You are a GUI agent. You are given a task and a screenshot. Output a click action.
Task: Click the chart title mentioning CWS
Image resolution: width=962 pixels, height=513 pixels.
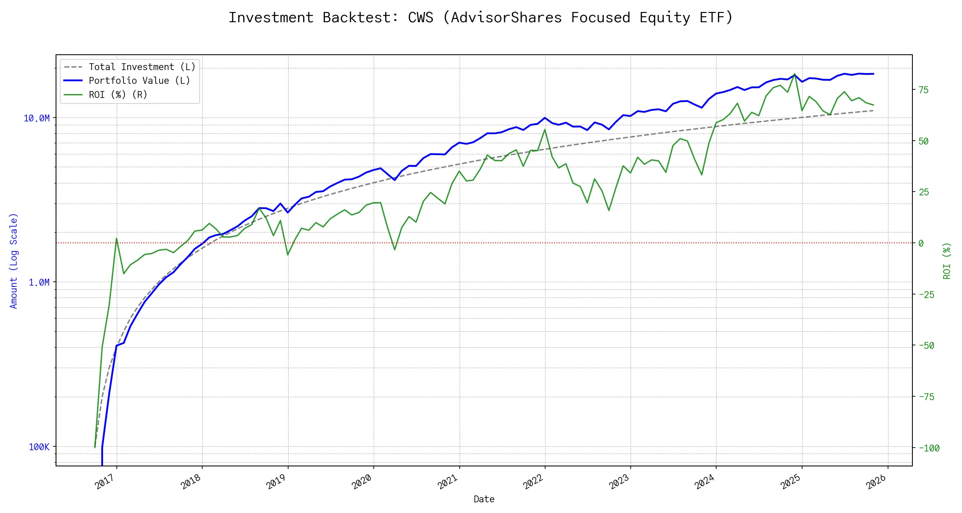[x=481, y=18]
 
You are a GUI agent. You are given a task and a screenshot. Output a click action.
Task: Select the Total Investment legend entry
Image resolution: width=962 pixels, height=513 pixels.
[x=142, y=67]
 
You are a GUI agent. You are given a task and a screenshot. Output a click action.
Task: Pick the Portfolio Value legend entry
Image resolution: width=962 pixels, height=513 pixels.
[x=139, y=81]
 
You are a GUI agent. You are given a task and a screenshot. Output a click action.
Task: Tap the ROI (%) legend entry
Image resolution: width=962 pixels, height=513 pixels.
[x=118, y=95]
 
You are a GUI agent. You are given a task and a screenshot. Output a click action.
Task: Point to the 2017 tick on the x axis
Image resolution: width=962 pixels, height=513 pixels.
[x=105, y=482]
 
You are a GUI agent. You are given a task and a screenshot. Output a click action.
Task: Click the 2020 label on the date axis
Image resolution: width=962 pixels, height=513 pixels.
[x=362, y=482]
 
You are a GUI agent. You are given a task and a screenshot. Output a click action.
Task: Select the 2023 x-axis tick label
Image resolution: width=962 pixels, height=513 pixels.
[x=619, y=482]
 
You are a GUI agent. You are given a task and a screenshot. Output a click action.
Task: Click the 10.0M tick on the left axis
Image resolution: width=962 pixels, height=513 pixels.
[x=37, y=118]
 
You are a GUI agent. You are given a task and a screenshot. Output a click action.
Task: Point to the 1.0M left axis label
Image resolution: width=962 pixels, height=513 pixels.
[x=39, y=283]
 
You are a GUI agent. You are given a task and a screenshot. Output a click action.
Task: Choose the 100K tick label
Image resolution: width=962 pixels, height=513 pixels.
[x=39, y=447]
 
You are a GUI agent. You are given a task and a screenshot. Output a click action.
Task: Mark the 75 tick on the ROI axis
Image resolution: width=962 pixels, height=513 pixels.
[x=924, y=90]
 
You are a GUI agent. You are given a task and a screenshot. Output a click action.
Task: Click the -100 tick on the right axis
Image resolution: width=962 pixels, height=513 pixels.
[x=929, y=448]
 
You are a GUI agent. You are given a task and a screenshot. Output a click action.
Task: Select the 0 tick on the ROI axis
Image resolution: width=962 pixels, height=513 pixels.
[x=921, y=244]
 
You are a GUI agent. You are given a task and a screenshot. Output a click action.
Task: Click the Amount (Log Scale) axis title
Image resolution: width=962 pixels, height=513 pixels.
[x=14, y=261]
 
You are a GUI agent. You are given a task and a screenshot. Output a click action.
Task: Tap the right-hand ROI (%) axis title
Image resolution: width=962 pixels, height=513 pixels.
[x=947, y=261]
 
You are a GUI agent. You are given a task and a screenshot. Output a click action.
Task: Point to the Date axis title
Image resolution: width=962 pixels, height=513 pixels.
[x=484, y=499]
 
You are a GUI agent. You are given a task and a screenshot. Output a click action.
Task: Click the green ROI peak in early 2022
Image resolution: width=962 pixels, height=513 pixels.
[x=545, y=130]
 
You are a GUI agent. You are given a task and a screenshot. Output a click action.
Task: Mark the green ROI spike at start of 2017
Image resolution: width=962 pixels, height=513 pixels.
[x=116, y=239]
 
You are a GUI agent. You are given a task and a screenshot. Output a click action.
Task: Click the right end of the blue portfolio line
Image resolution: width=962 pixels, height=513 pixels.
[x=873, y=74]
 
